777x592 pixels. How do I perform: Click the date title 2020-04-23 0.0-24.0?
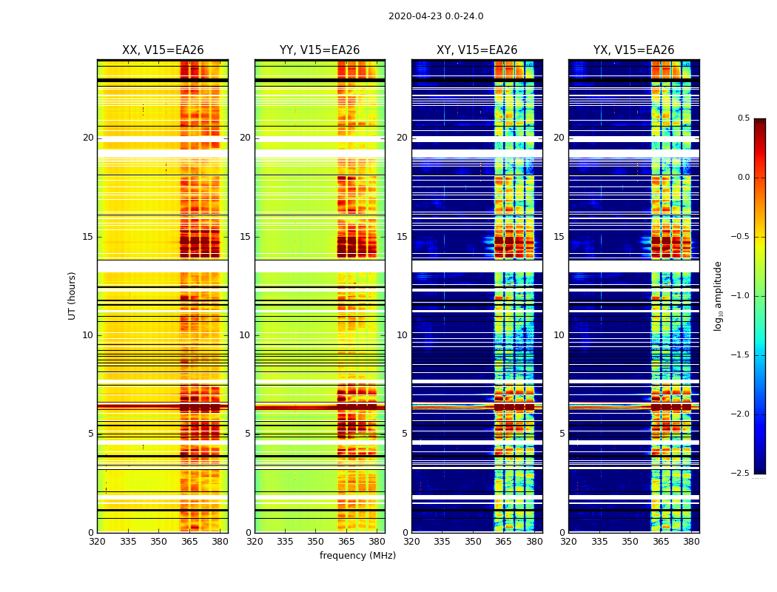pyautogui.click(x=436, y=16)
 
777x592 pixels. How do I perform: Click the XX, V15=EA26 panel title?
pyautogui.click(x=163, y=50)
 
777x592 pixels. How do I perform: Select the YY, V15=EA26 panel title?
pyautogui.click(x=320, y=50)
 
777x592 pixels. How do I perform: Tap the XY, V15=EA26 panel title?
pyautogui.click(x=477, y=50)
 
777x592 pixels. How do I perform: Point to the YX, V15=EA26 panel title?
pyautogui.click(x=633, y=50)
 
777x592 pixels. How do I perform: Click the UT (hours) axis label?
pyautogui.click(x=73, y=295)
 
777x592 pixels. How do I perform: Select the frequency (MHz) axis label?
pyautogui.click(x=357, y=556)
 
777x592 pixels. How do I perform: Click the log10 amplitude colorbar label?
pyautogui.click(x=718, y=295)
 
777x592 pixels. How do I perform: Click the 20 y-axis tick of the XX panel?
pyautogui.click(x=88, y=138)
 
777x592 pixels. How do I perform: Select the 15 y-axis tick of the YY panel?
pyautogui.click(x=245, y=237)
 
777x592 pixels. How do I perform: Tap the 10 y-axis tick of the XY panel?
pyautogui.click(x=402, y=335)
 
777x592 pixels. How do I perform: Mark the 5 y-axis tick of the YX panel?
pyautogui.click(x=562, y=434)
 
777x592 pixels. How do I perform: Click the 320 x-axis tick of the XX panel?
pyautogui.click(x=97, y=542)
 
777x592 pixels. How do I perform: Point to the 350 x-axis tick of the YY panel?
pyautogui.click(x=315, y=542)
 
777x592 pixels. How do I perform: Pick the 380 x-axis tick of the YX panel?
pyautogui.click(x=691, y=542)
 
